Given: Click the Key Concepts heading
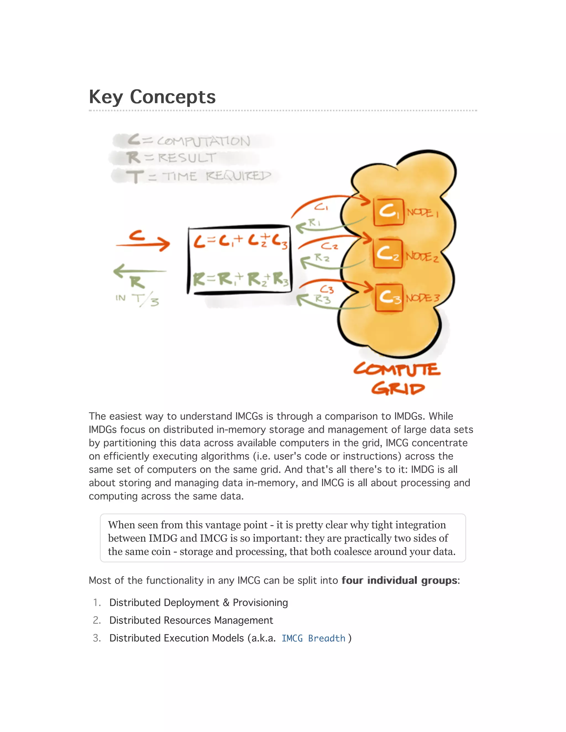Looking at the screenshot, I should [152, 97].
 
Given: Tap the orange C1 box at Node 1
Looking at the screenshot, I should [388, 212].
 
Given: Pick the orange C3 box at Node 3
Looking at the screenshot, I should [389, 297].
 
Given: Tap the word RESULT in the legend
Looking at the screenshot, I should [187, 157].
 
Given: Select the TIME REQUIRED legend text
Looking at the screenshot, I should [217, 176].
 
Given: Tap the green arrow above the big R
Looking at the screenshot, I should [140, 270].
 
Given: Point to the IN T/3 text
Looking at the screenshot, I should [137, 299].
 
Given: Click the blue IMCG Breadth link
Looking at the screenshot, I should [313, 638].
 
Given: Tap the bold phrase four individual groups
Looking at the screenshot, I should [399, 580].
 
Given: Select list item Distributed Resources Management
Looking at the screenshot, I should [191, 620].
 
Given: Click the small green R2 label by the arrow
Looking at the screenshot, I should [322, 258].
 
